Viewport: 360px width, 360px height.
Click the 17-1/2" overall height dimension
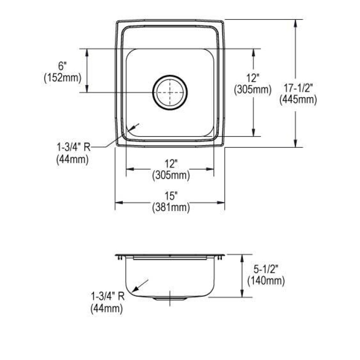coord(298,88)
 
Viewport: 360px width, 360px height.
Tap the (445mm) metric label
coord(298,99)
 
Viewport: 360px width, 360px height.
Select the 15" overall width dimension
coord(171,196)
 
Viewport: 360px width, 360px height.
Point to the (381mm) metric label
coord(171,207)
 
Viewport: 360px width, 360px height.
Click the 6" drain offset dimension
coord(62,66)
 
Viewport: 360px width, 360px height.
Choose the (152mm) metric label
coord(63,78)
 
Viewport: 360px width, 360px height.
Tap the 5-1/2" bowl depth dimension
coord(266,269)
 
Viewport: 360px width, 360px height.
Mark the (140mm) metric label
coord(266,280)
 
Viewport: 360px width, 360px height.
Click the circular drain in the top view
coord(170,93)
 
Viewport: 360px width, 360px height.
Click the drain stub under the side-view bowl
coord(170,298)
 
